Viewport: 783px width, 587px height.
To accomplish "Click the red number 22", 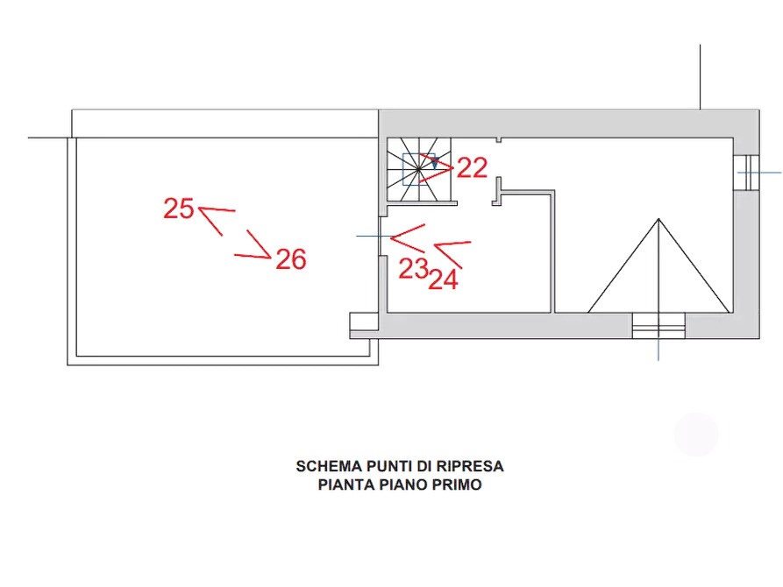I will point(472,168).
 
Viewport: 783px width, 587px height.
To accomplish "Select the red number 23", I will point(413,269).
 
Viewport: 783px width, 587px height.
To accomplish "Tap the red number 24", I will point(444,279).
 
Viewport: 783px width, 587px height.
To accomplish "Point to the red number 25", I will point(178,209).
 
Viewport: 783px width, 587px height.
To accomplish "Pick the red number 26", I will point(290,259).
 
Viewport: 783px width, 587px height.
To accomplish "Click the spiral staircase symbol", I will point(416,170).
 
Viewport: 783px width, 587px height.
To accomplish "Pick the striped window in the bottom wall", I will point(658,326).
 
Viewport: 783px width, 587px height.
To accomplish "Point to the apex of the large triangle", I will point(657,219).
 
